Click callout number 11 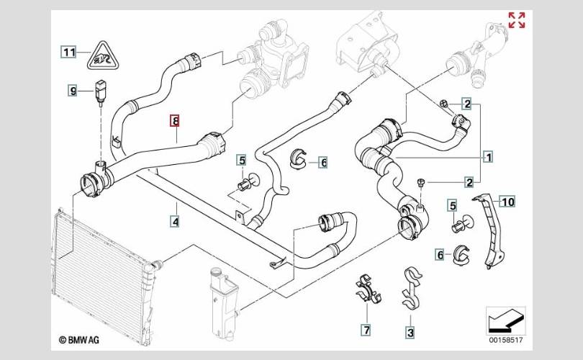pos(68,52)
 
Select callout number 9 pos(73,91)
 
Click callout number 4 pos(175,222)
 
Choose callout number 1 pos(488,156)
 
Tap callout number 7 pos(366,330)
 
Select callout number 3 pos(410,332)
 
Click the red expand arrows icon pos(517,20)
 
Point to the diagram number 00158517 pos(507,338)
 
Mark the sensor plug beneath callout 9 pos(100,94)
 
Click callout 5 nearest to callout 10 pos(452,207)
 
